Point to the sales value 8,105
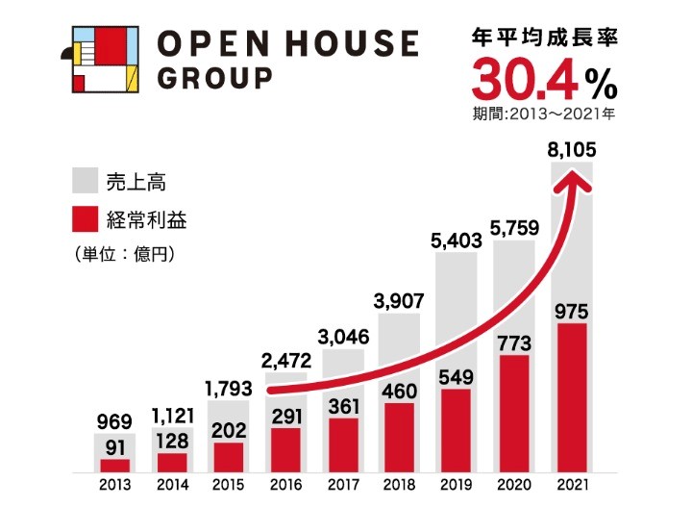click(571, 149)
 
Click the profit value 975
click(571, 312)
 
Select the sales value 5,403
click(457, 241)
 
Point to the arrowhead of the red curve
click(578, 179)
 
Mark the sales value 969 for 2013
click(114, 421)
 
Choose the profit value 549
click(457, 377)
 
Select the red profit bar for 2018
click(400, 438)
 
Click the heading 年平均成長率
click(543, 39)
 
